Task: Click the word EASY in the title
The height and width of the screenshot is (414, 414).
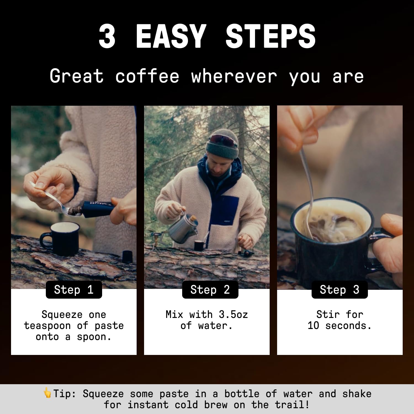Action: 171,36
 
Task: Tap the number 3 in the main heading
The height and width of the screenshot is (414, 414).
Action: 107,36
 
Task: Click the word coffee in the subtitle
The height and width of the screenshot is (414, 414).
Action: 147,76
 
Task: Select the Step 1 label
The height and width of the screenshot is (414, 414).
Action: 74,290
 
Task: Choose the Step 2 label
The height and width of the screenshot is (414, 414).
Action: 210,290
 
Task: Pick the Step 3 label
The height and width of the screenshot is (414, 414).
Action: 339,290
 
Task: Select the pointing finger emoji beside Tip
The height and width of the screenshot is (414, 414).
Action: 47,392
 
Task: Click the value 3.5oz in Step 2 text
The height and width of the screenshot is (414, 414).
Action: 233,314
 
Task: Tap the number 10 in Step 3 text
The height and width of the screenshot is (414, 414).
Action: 313,326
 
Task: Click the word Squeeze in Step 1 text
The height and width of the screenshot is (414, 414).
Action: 62,314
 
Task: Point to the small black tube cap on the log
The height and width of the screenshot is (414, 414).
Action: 127,257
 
